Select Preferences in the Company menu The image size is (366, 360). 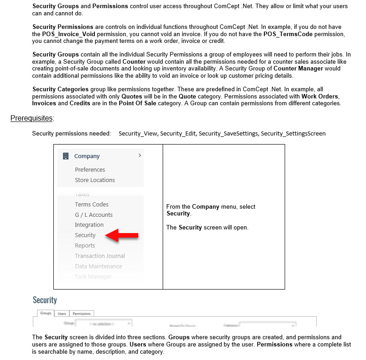coord(90,169)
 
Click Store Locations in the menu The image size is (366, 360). coord(95,180)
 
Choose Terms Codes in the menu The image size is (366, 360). coord(92,204)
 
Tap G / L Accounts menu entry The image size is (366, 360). coord(94,215)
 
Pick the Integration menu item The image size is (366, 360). coord(89,224)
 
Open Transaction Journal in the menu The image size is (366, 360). coord(100,256)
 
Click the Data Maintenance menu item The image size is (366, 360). coord(99,266)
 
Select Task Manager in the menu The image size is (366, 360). coord(93,276)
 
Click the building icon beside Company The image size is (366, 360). coord(66,156)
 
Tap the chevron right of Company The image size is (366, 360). coord(140,155)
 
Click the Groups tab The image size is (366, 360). coord(46,313)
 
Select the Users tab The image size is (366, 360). coord(62,313)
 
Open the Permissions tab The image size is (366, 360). coord(82,313)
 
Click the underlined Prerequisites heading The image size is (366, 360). coord(32,118)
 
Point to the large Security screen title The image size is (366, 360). coord(45,300)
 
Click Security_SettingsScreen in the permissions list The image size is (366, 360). coord(293,133)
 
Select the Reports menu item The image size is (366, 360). coord(85,245)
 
